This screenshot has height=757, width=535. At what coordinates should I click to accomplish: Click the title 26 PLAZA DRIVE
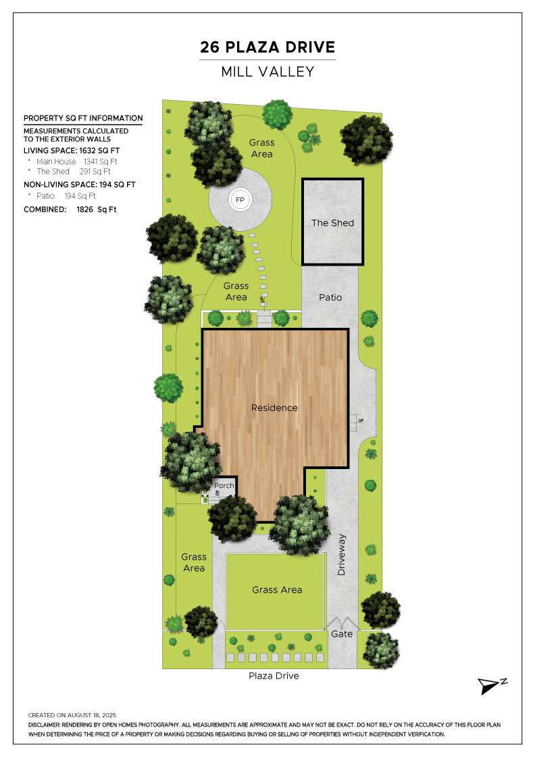[x=267, y=47]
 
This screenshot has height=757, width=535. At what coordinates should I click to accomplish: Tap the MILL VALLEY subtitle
[x=267, y=72]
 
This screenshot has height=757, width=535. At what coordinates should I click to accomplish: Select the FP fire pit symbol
[x=240, y=200]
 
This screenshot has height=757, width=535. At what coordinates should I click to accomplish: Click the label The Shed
[x=332, y=223]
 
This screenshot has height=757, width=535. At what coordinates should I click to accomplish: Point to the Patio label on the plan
[x=330, y=297]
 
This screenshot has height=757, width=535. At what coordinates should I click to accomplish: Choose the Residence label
[x=274, y=408]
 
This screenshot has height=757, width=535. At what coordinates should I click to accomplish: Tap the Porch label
[x=224, y=485]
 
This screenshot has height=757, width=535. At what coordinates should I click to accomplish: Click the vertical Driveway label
[x=342, y=555]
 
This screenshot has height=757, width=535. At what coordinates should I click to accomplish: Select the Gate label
[x=342, y=634]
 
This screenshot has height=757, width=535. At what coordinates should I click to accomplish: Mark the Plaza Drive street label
[x=274, y=676]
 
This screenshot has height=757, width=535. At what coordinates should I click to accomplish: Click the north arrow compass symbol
[x=492, y=685]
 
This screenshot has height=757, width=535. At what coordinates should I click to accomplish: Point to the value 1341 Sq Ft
[x=101, y=162]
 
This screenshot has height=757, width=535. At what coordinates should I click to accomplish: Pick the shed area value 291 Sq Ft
[x=95, y=172]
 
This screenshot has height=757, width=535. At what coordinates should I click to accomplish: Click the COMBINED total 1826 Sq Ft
[x=97, y=210]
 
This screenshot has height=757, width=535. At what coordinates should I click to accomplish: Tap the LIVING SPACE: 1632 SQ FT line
[x=72, y=151]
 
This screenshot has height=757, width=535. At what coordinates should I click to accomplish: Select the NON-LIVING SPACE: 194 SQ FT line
[x=80, y=185]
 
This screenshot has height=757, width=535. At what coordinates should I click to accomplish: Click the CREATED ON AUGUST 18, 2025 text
[x=72, y=715]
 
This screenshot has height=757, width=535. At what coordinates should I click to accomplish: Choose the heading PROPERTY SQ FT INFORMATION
[x=83, y=118]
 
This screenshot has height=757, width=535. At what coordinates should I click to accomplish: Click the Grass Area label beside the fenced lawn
[x=194, y=562]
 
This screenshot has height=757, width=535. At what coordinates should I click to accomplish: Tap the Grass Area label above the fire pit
[x=262, y=148]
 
